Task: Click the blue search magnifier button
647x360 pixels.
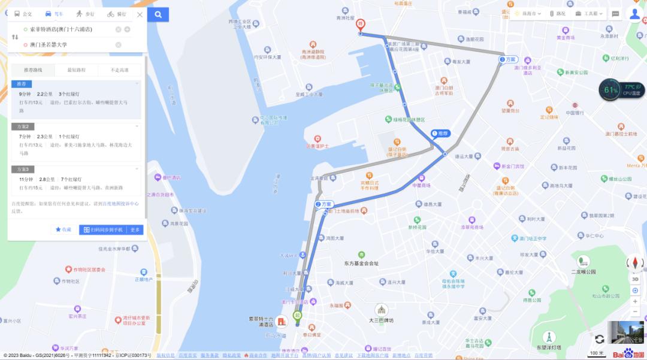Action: tap(158, 14)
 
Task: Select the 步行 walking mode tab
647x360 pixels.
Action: tap(84, 14)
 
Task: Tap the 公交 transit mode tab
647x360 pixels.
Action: tap(23, 14)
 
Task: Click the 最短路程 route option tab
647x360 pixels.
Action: tap(76, 70)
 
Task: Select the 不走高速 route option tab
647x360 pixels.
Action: tap(120, 70)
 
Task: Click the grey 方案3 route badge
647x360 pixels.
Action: tap(23, 170)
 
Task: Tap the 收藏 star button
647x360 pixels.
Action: tap(63, 229)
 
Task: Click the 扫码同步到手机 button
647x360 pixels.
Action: tap(103, 229)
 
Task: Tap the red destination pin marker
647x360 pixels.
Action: tap(360, 25)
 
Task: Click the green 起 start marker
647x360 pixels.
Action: tap(297, 315)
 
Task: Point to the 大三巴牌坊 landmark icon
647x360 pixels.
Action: tap(381, 310)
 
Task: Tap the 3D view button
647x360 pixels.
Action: tap(635, 279)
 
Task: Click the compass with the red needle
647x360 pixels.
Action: tap(635, 263)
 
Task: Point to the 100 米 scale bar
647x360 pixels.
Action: tap(597, 353)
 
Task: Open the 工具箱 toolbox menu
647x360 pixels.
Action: tap(587, 14)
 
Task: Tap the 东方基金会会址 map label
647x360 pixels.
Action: tap(361, 264)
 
